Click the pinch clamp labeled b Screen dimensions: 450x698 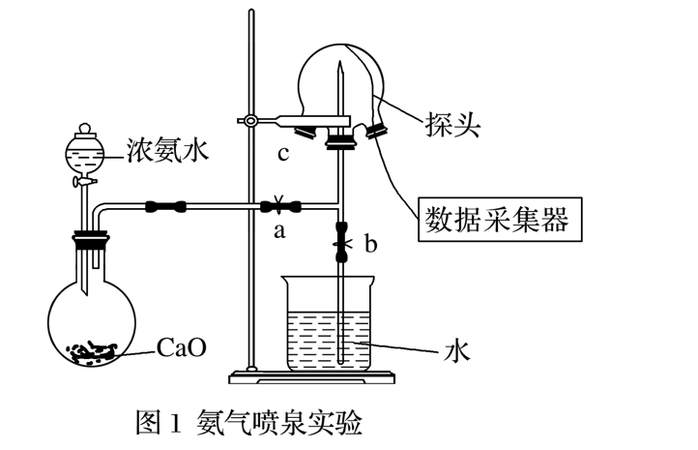[x=341, y=242]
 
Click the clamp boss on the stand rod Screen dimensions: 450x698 [x=251, y=121]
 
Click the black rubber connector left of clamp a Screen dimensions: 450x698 [x=165, y=205]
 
